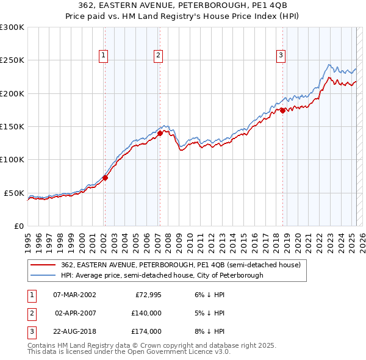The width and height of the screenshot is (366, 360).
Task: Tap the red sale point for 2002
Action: (x=105, y=178)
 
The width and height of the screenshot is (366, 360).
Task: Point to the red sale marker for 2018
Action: (x=283, y=110)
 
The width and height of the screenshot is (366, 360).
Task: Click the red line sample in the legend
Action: (x=43, y=265)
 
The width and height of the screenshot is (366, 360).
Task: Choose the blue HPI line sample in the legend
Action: (x=43, y=276)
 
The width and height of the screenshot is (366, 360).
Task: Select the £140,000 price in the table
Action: (x=146, y=313)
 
